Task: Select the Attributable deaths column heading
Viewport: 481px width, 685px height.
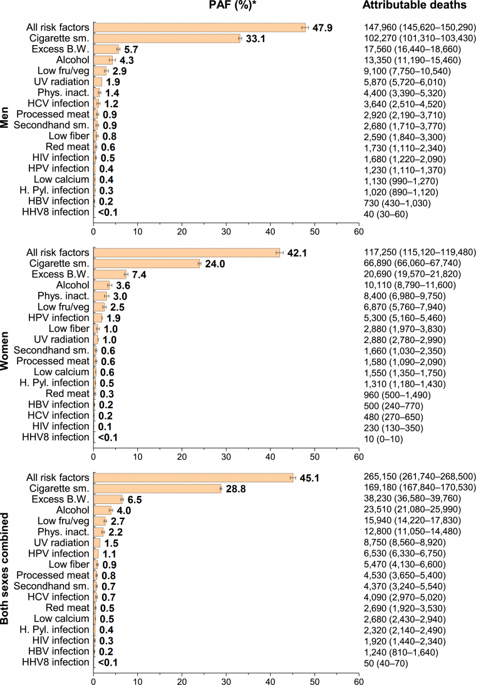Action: [x=415, y=6]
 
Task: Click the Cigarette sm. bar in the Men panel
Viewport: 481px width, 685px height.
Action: [x=167, y=38]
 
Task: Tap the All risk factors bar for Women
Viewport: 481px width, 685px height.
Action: [x=187, y=252]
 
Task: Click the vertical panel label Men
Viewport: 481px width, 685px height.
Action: [x=6, y=119]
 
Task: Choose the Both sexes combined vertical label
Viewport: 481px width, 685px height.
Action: [x=6, y=570]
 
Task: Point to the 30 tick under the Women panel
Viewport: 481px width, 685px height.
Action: [x=182, y=456]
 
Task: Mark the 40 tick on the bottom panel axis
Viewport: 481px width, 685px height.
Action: [x=270, y=679]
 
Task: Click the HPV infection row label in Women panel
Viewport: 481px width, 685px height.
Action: [x=58, y=317]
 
